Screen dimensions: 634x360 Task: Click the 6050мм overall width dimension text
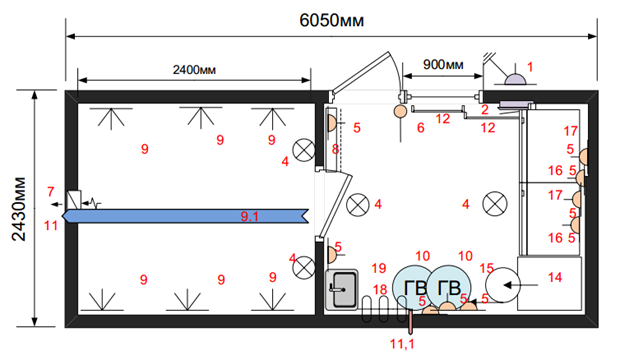pos(332,20)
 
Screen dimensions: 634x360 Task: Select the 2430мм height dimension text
pos(19,209)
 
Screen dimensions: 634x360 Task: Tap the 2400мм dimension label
pos(194,70)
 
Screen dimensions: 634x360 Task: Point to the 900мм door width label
pos(443,64)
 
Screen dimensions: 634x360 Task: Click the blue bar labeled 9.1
pos(186,216)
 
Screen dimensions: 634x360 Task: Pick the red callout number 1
pos(530,67)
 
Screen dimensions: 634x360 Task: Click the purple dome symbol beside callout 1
pos(515,80)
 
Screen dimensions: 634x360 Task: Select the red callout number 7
pos(51,191)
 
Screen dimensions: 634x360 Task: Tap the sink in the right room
pos(342,289)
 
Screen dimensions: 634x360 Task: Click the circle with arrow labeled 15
pos(502,285)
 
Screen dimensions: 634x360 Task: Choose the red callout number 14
pos(555,277)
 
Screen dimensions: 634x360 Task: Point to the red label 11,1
pos(402,344)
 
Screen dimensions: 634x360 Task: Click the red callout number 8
pos(335,149)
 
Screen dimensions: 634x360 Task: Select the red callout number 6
pos(421,128)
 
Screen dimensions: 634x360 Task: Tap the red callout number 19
pos(379,268)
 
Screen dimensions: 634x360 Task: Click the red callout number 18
pos(380,290)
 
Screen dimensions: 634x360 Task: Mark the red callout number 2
pos(485,109)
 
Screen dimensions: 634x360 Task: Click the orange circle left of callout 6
pos(400,110)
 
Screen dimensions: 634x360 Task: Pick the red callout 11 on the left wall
pos(51,225)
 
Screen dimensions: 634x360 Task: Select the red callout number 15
pos(487,268)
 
